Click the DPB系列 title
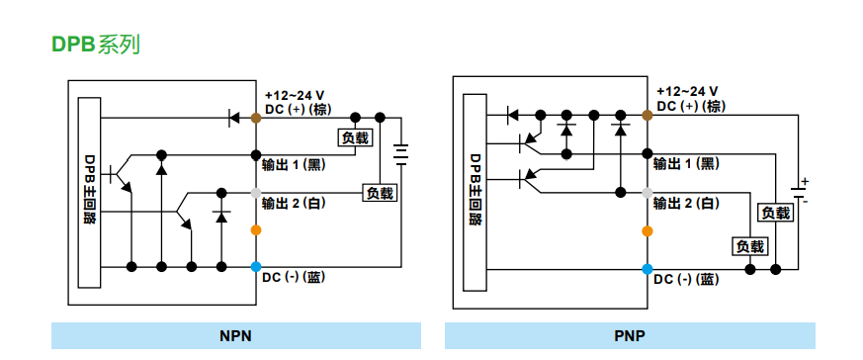click(95, 45)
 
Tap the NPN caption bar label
click(235, 336)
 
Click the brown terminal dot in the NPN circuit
click(256, 118)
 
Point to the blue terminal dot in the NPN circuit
click(256, 266)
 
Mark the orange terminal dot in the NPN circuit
click(256, 230)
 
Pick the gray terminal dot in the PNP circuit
click(647, 192)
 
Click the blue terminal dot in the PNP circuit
click(647, 268)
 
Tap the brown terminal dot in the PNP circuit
click(647, 116)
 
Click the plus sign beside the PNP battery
click(805, 181)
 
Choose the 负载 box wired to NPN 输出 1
click(355, 137)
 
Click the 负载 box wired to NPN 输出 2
click(380, 193)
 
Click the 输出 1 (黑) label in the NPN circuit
click(294, 163)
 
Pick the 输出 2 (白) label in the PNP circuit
click(686, 203)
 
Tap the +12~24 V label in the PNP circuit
click(687, 90)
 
